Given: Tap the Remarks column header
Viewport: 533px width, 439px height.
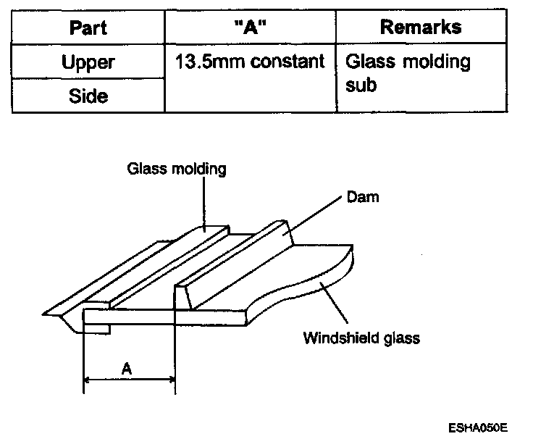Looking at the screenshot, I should [421, 28].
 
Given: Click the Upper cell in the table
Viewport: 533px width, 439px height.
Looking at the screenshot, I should [88, 62].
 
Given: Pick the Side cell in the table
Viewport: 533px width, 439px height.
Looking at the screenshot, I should [88, 96].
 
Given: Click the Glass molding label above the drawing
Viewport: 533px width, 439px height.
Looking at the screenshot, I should [177, 170].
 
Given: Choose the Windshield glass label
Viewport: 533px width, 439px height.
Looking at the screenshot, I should [361, 337].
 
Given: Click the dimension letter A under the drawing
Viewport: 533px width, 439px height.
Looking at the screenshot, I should [127, 369].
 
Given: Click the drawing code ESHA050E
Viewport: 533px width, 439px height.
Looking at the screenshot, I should [478, 427].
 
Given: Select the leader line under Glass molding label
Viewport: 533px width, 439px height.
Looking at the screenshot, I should [204, 203].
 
